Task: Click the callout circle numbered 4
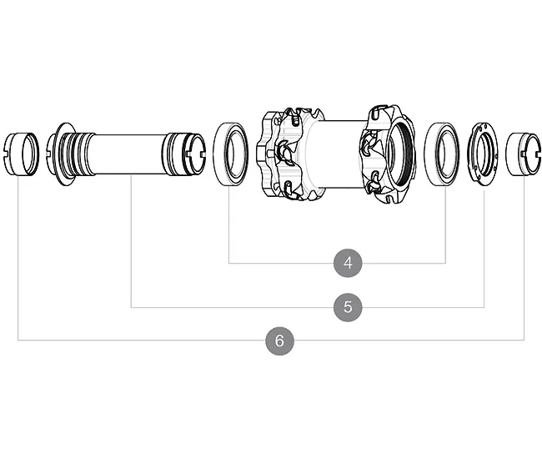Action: point(348,263)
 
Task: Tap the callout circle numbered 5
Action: point(348,306)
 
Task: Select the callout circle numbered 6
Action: point(279,340)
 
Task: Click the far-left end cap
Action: point(21,154)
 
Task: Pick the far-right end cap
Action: point(523,154)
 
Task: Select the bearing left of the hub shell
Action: point(231,154)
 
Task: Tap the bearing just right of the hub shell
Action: point(443,154)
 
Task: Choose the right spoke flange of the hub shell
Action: point(384,155)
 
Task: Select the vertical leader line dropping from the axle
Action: point(132,242)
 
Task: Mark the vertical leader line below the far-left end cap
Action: point(18,259)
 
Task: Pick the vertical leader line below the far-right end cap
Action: point(524,259)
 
